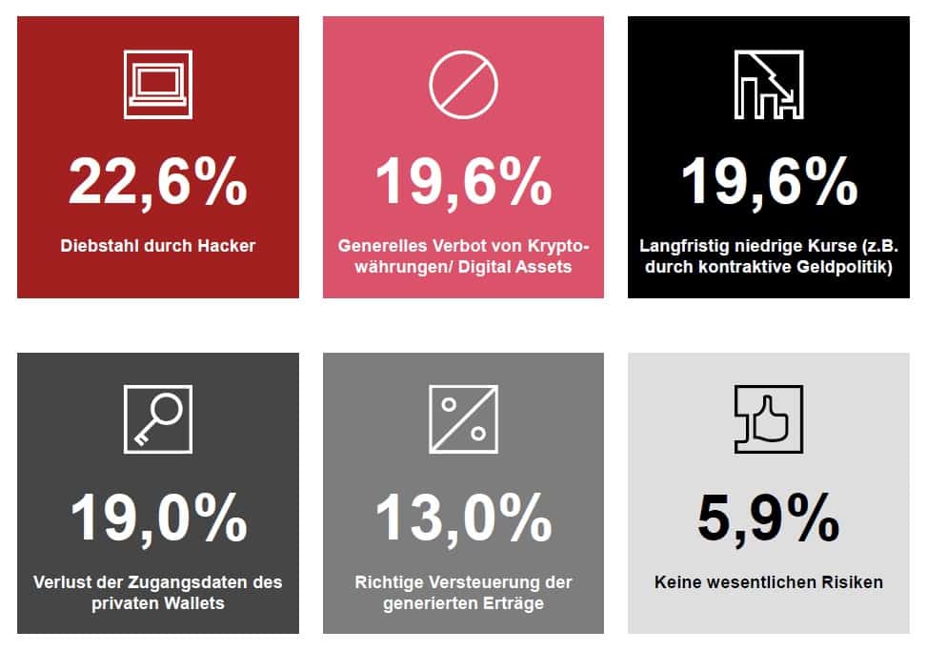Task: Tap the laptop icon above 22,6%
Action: pos(158,84)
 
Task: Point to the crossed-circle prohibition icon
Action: pos(463,84)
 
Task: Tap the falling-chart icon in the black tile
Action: pos(768,84)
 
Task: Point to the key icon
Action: pos(158,418)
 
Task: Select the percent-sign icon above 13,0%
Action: pos(463,418)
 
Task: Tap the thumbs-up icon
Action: pos(768,418)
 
